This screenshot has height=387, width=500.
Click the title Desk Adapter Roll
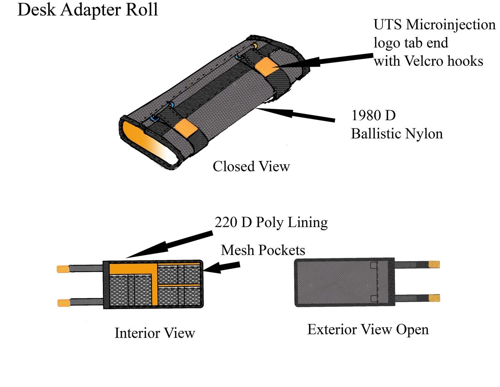[87, 10]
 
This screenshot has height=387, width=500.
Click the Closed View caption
[251, 166]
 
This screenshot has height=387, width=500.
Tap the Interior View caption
[155, 333]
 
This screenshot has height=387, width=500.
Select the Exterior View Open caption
[368, 329]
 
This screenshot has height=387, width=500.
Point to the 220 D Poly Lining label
[271, 222]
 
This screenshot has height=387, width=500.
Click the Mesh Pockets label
[263, 250]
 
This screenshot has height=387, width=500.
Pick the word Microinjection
[451, 25]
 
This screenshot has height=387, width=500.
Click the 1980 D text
[373, 115]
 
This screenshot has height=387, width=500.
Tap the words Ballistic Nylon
[397, 134]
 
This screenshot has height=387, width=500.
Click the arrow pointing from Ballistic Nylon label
[296, 114]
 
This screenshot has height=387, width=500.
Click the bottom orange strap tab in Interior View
[64, 303]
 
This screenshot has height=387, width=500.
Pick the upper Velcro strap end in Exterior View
[434, 265]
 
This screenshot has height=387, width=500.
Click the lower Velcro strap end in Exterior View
[434, 298]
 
